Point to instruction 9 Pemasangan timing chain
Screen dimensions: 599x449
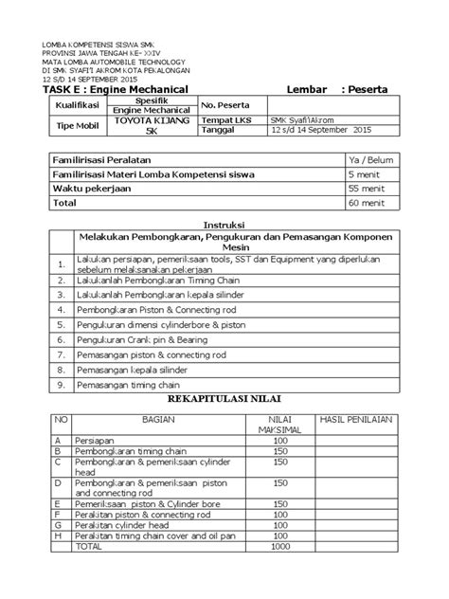pos(135,387)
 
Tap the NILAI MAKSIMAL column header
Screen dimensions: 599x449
pos(282,425)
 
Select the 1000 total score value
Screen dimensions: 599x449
pos(281,546)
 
